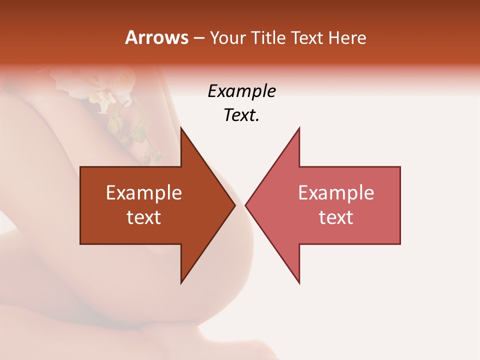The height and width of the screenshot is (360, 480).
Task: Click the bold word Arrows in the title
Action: coord(156,37)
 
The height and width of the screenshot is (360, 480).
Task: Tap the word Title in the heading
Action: coord(269,37)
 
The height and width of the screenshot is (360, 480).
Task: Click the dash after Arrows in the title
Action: coord(198,38)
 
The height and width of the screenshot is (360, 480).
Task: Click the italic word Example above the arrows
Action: coord(241,91)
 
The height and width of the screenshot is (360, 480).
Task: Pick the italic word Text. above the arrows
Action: coord(241,115)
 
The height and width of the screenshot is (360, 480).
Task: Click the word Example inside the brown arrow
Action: coord(144,193)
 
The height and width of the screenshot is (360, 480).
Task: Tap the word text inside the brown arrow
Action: coord(144,217)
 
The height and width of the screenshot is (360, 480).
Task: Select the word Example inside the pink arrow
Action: coord(336,193)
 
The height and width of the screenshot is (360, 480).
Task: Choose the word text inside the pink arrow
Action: coord(336,217)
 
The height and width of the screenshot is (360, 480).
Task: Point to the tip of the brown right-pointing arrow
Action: coord(234,205)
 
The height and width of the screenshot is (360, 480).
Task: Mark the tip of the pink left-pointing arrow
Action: coord(246,205)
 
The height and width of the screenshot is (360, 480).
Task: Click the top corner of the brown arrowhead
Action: coord(181,128)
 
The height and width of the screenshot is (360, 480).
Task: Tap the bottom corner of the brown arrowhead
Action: coord(181,282)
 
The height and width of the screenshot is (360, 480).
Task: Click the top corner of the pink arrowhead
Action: coord(299,128)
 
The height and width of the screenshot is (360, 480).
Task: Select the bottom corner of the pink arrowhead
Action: coord(299,282)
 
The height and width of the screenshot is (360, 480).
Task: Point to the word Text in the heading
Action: coord(307,37)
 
